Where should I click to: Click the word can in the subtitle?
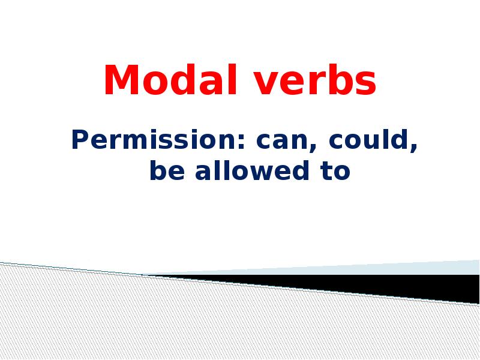277,142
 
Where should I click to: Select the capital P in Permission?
79,141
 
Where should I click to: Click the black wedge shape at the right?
420,287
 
